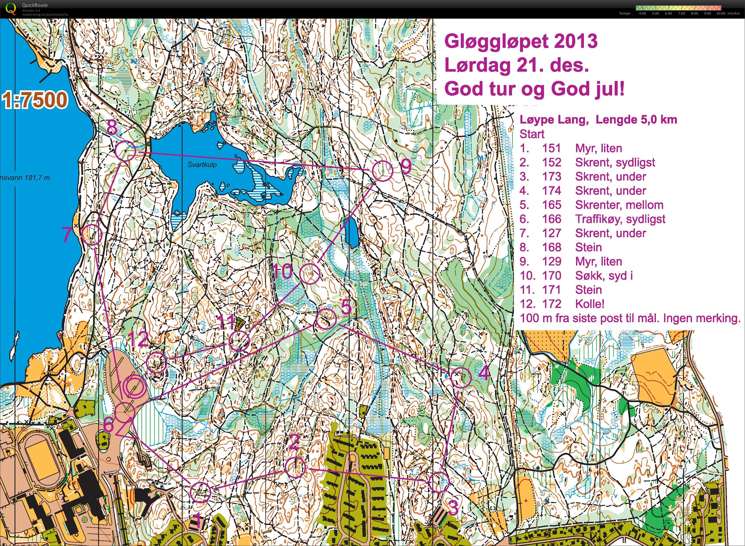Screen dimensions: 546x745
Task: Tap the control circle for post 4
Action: coord(461,377)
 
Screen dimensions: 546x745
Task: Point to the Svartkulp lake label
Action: coord(202,164)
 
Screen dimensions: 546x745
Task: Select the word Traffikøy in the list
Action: coord(598,219)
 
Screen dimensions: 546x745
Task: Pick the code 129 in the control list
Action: coord(551,262)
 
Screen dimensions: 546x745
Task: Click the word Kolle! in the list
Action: coord(590,304)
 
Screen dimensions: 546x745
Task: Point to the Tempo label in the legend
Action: coord(624,14)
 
